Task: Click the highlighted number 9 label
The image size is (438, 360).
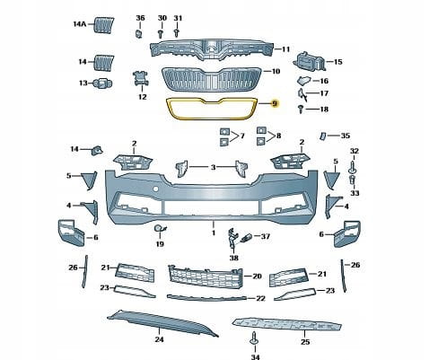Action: point(275,103)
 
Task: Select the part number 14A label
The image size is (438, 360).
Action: point(80,24)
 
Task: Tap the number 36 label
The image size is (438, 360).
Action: point(140,18)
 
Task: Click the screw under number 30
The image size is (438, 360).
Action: point(161,33)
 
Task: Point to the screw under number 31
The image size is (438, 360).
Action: point(177,32)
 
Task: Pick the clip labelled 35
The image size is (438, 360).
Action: point(322,136)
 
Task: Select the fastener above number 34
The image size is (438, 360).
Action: point(254,338)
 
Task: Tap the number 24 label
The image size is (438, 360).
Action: point(159,339)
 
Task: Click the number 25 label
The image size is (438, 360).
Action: point(305,342)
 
